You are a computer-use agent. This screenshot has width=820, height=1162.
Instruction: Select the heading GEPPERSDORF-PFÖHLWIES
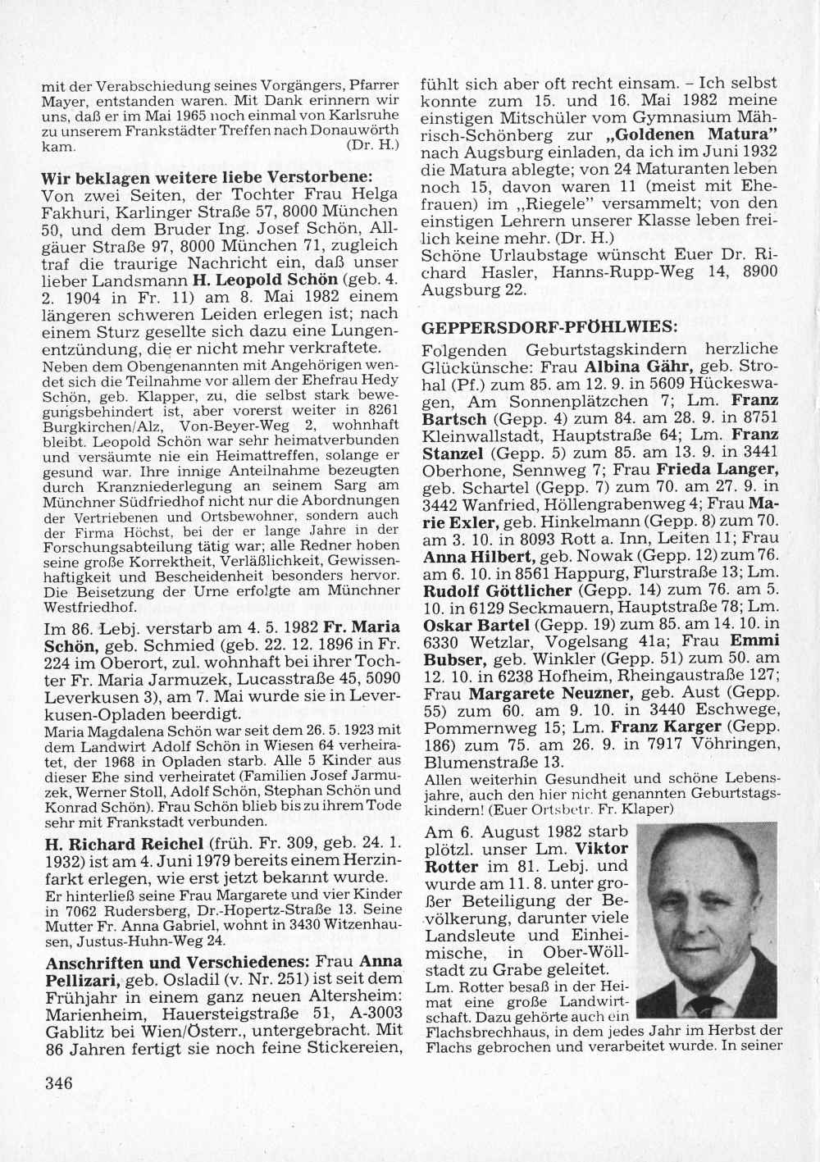[549, 326]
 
